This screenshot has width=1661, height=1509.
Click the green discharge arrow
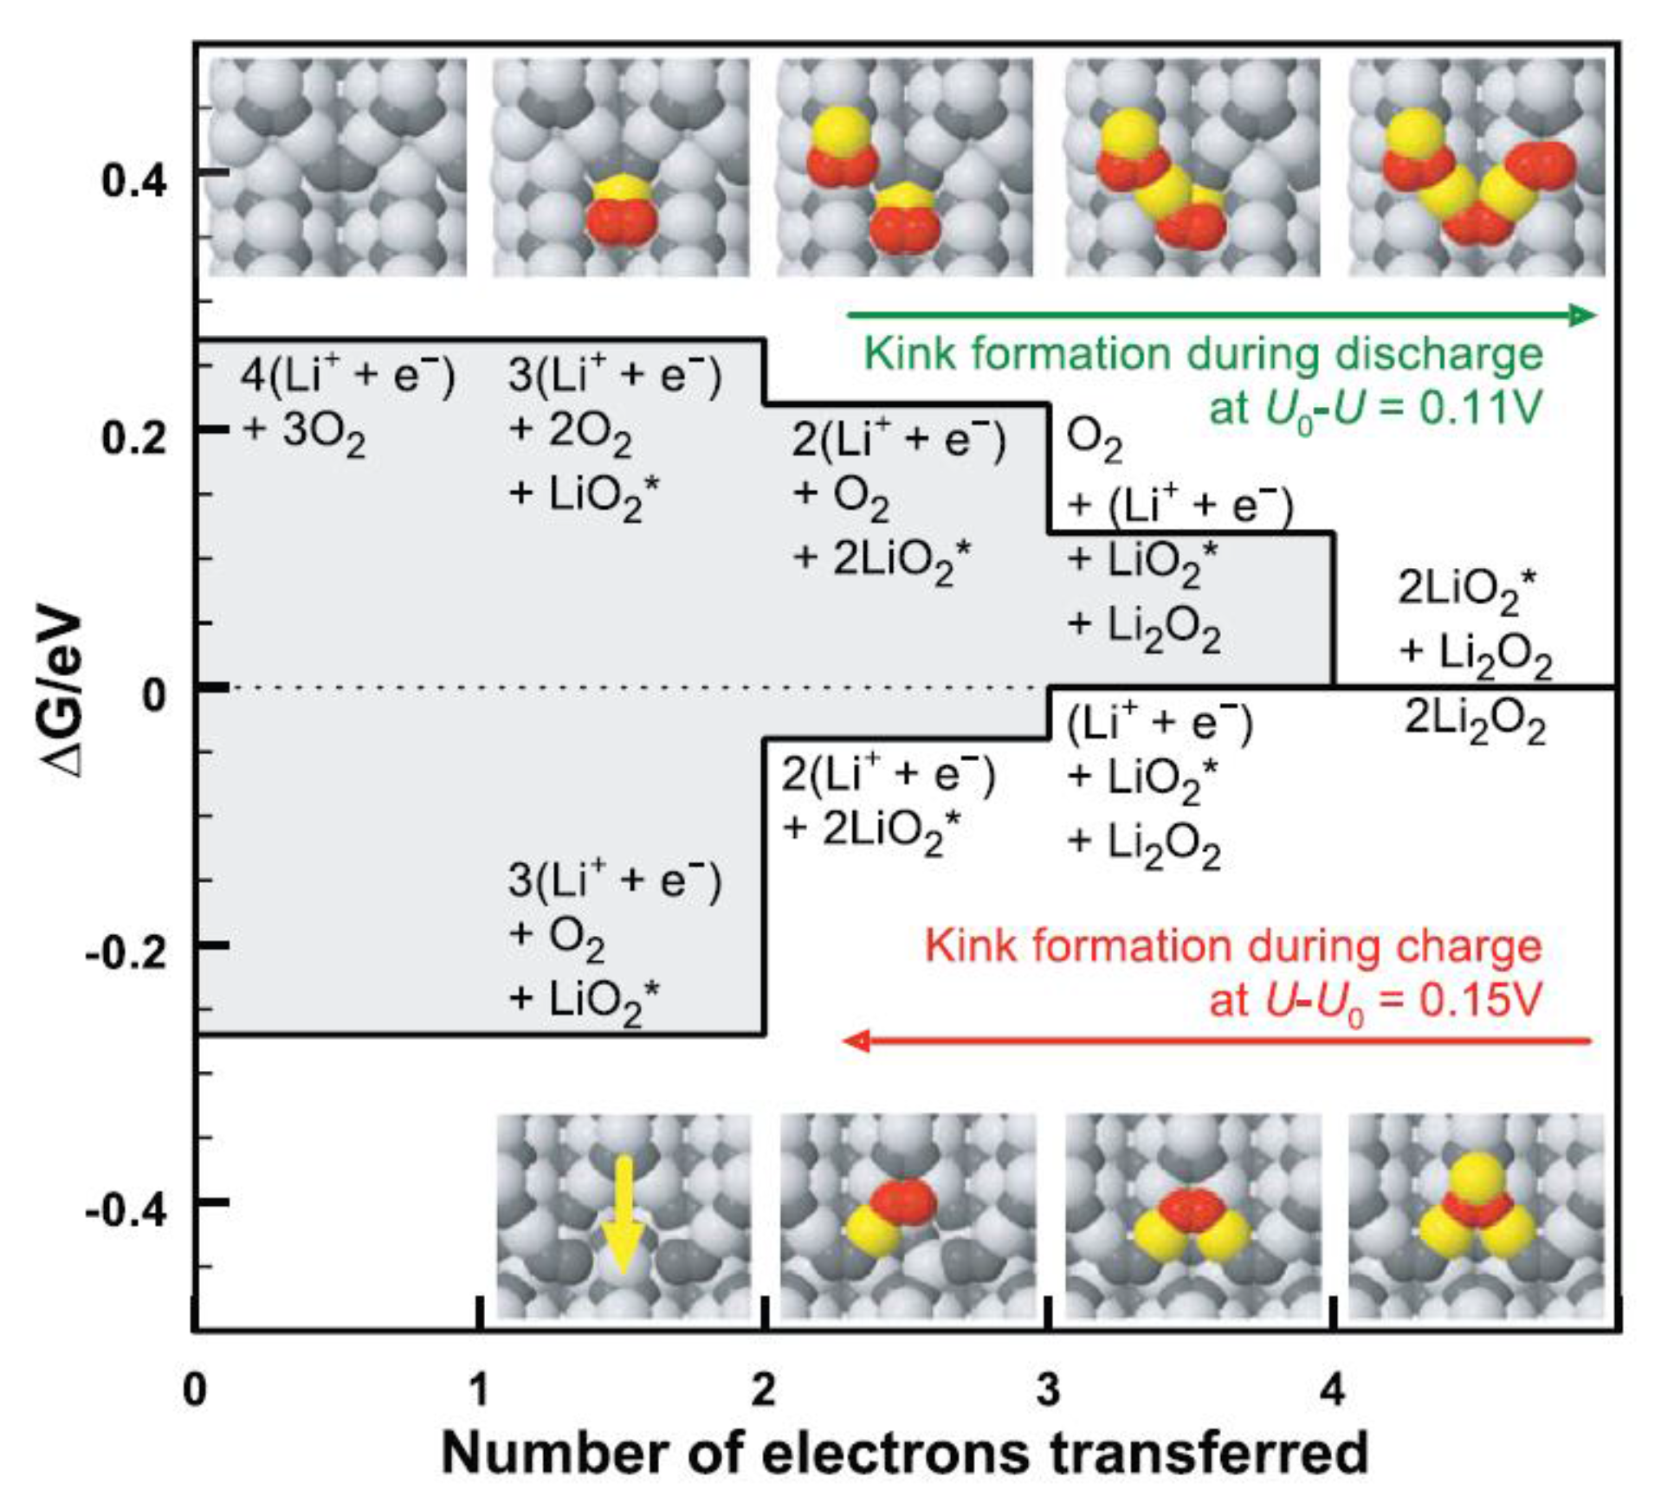click(x=1221, y=314)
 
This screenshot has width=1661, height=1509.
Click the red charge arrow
click(x=1217, y=1040)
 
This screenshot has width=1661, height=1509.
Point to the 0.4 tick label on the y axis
click(x=134, y=182)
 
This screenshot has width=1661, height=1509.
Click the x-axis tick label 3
click(x=1048, y=1389)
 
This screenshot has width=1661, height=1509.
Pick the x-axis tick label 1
click(x=479, y=1389)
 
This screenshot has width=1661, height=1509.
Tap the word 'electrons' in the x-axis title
click(x=895, y=1453)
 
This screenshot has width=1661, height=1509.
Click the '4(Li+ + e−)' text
click(x=347, y=377)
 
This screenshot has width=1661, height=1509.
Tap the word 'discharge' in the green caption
click(x=1438, y=354)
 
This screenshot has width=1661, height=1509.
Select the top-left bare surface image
click(x=339, y=168)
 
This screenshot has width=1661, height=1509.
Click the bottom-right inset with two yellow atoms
click(x=1476, y=1216)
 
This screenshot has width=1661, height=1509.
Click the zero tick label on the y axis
click(x=154, y=693)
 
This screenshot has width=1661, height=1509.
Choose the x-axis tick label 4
click(x=1333, y=1389)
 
